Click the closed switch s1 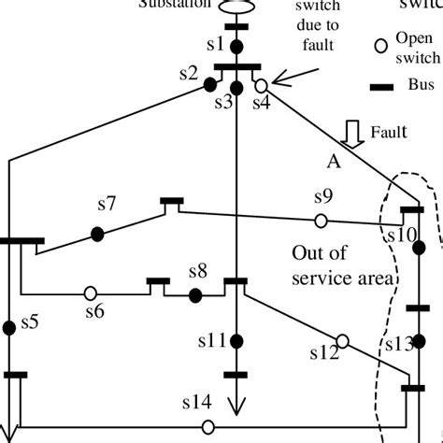pos(236,46)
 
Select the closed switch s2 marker pos(212,86)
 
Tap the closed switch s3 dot pos(236,88)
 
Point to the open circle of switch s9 pos(321,221)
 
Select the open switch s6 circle pos(92,292)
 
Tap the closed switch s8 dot pos(195,295)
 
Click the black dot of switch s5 pos(9,326)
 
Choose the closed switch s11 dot pos(236,341)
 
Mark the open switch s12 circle pos(342,341)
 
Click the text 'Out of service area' pos(333,264)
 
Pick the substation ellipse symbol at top pos(236,7)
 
